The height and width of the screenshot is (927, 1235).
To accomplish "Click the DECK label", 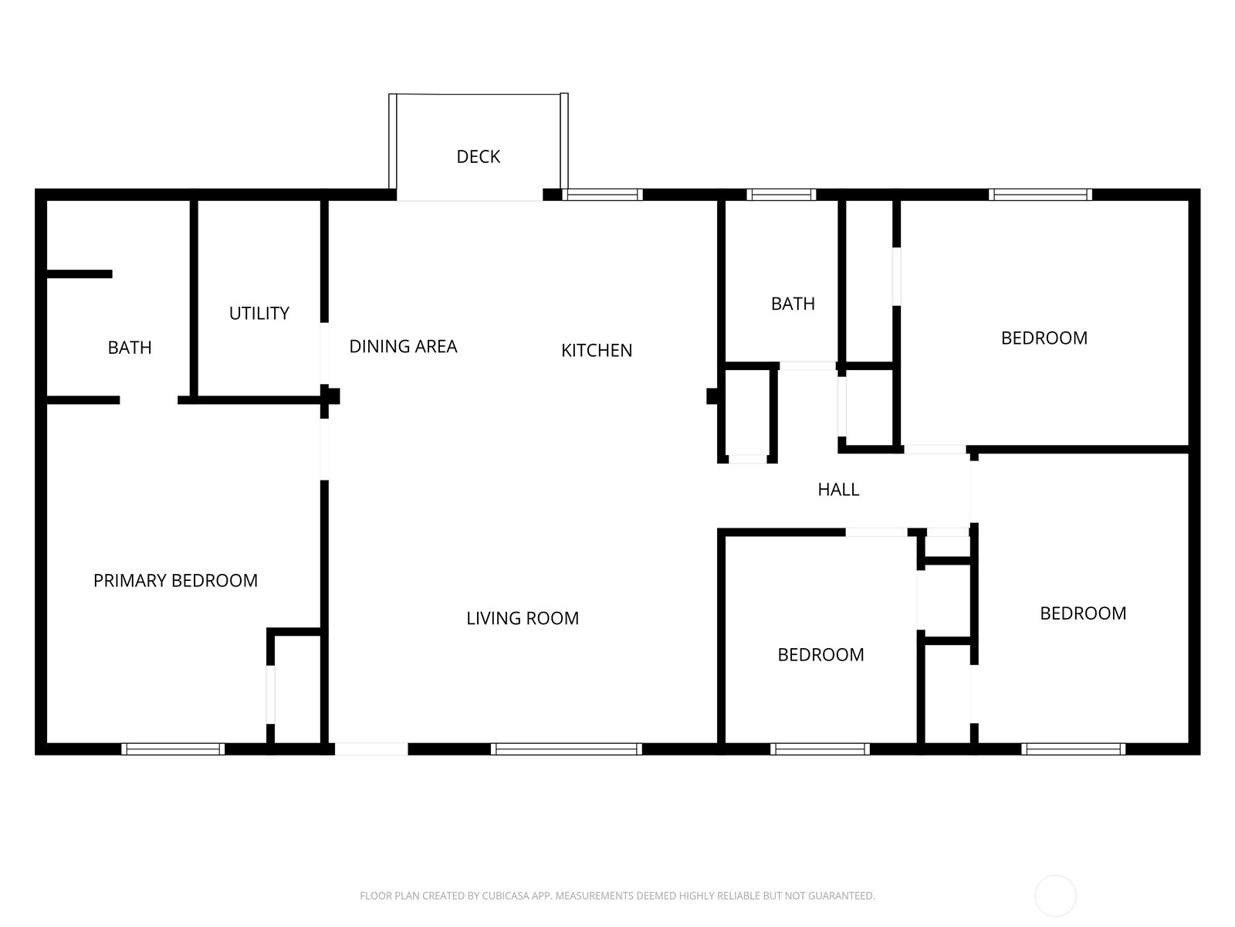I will pos(478,157).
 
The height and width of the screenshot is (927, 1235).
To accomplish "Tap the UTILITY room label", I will pos(259,313).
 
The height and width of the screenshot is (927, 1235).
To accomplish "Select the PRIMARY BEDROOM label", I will pos(175,580).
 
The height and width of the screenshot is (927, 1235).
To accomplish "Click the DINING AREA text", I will pos(403,346).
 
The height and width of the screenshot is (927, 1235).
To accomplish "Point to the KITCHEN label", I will pos(596,350).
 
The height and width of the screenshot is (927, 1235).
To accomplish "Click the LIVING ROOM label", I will pos(523,618).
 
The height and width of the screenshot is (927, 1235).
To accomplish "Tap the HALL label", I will pos(838,489).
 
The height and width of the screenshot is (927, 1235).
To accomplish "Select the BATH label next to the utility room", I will pos(130,348).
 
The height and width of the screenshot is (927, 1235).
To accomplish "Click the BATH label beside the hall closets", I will pos(793,304).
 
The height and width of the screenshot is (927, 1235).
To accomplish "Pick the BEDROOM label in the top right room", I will pos(1044,338).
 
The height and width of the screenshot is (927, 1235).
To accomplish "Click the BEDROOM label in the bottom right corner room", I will pos(1082,613).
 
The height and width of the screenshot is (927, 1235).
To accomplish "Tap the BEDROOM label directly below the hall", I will pos(821,654).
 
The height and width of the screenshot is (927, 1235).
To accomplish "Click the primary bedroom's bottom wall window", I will pos(173,749).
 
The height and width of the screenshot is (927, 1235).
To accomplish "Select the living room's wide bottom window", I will pos(566,749).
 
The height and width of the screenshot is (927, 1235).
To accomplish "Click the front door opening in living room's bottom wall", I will pos(370,749).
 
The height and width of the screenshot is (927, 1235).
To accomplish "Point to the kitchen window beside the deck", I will pos(602,195).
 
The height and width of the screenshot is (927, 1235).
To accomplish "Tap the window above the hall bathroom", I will pos(781,195).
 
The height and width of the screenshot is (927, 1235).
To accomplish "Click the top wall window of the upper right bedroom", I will pos(1040,195).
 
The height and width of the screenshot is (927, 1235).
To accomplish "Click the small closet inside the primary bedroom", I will pos(297,688).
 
